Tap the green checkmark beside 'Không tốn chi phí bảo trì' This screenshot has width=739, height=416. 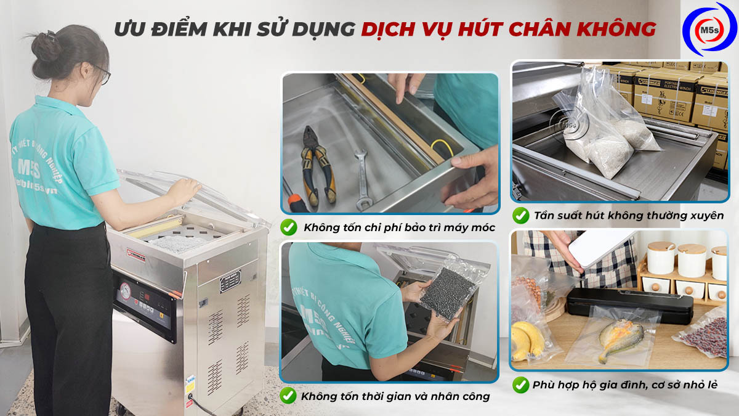[x=288, y=227]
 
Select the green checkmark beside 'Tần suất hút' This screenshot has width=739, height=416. [x=520, y=215]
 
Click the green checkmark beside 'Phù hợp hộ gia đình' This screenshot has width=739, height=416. [x=520, y=385]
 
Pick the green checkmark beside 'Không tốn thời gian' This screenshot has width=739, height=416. [x=288, y=395]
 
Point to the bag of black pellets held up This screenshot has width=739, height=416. [x=442, y=294]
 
